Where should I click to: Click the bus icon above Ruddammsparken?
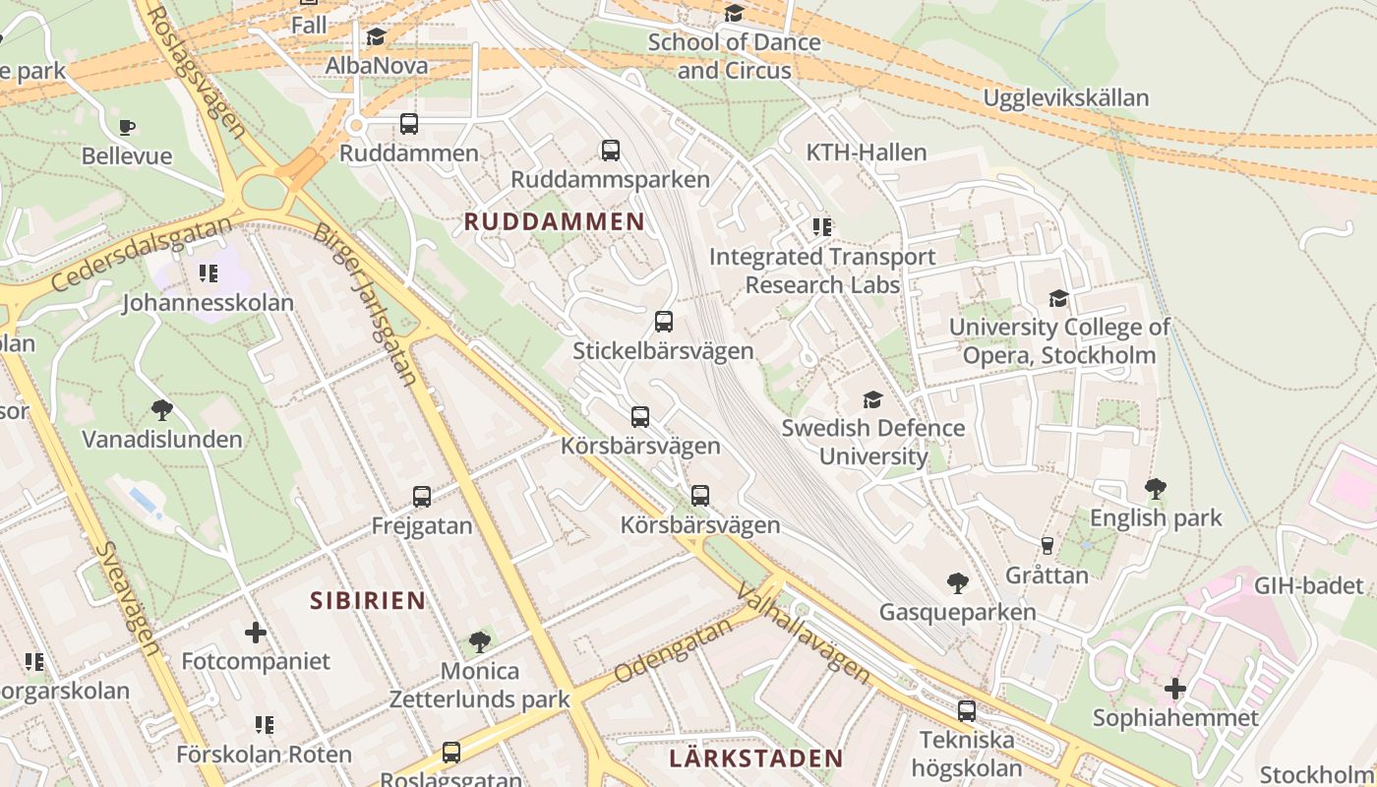click(x=611, y=151)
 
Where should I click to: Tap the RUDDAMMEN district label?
click(x=554, y=221)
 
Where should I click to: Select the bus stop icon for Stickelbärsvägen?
click(x=664, y=322)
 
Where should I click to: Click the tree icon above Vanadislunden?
click(x=162, y=410)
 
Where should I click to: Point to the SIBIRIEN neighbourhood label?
click(x=368, y=600)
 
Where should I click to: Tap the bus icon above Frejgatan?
click(x=422, y=497)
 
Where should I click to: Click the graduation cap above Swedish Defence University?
click(x=872, y=399)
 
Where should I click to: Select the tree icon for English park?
click(x=1156, y=489)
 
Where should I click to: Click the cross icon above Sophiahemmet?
click(x=1175, y=689)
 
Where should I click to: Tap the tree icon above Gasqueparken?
click(x=957, y=583)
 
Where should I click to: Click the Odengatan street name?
click(x=675, y=649)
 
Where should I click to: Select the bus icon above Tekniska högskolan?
click(x=967, y=711)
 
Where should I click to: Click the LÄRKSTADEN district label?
click(x=755, y=758)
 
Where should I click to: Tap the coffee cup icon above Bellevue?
click(x=127, y=127)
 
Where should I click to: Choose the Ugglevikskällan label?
click(x=1065, y=98)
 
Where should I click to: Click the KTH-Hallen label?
click(x=866, y=152)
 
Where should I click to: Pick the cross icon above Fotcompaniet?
click(x=256, y=633)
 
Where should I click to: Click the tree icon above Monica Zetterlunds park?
click(x=480, y=642)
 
